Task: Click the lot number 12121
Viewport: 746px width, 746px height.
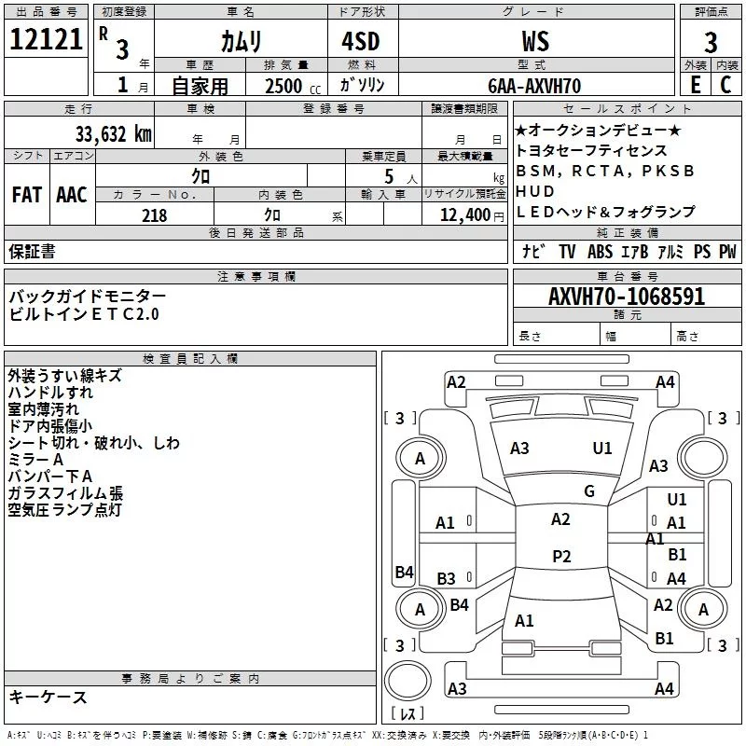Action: coord(46,42)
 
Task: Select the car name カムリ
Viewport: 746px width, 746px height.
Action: coord(241,42)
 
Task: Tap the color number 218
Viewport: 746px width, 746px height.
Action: coord(155,215)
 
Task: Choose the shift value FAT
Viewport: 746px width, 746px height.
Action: coord(26,195)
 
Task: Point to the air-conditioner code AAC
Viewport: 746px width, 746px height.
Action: coord(71,195)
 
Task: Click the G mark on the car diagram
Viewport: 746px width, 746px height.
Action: coord(588,491)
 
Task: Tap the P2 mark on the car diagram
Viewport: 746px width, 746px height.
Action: coord(560,557)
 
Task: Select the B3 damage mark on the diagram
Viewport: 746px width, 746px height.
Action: coord(447,579)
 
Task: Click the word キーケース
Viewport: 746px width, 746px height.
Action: coord(48,697)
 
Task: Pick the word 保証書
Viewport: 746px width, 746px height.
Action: coord(32,251)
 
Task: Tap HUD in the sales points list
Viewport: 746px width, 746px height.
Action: coord(535,191)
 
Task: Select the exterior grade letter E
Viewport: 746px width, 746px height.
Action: coord(695,86)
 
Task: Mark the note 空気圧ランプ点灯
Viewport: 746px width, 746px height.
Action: coord(65,510)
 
